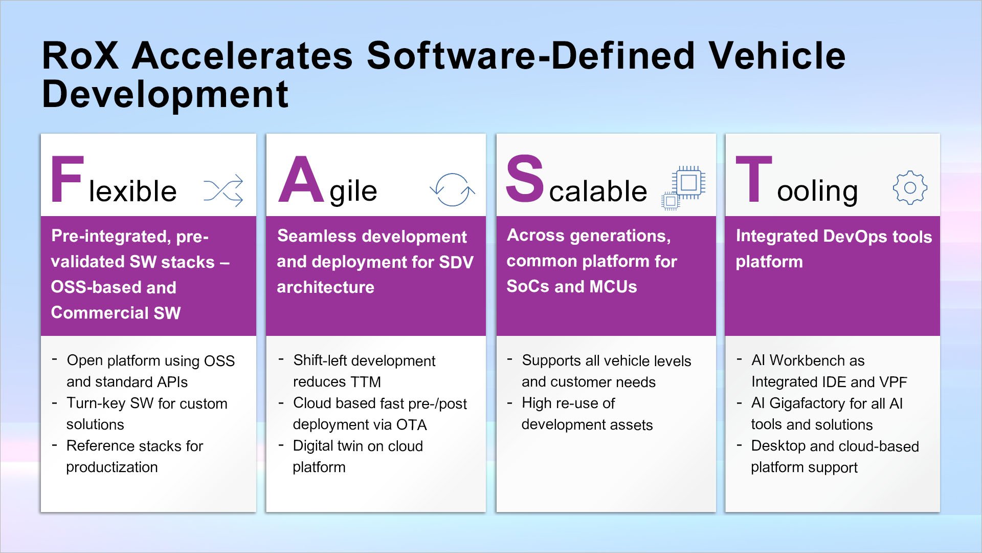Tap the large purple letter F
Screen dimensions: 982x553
click(67, 180)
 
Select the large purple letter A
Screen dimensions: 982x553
click(301, 180)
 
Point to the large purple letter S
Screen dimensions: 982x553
click(524, 179)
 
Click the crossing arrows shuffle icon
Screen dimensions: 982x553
click(223, 190)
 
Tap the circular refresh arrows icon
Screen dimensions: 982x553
click(452, 189)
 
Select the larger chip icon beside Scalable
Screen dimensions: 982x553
click(689, 182)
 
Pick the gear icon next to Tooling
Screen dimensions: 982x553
click(910, 188)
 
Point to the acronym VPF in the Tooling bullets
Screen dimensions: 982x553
click(893, 382)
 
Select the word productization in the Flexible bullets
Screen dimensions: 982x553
click(112, 467)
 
